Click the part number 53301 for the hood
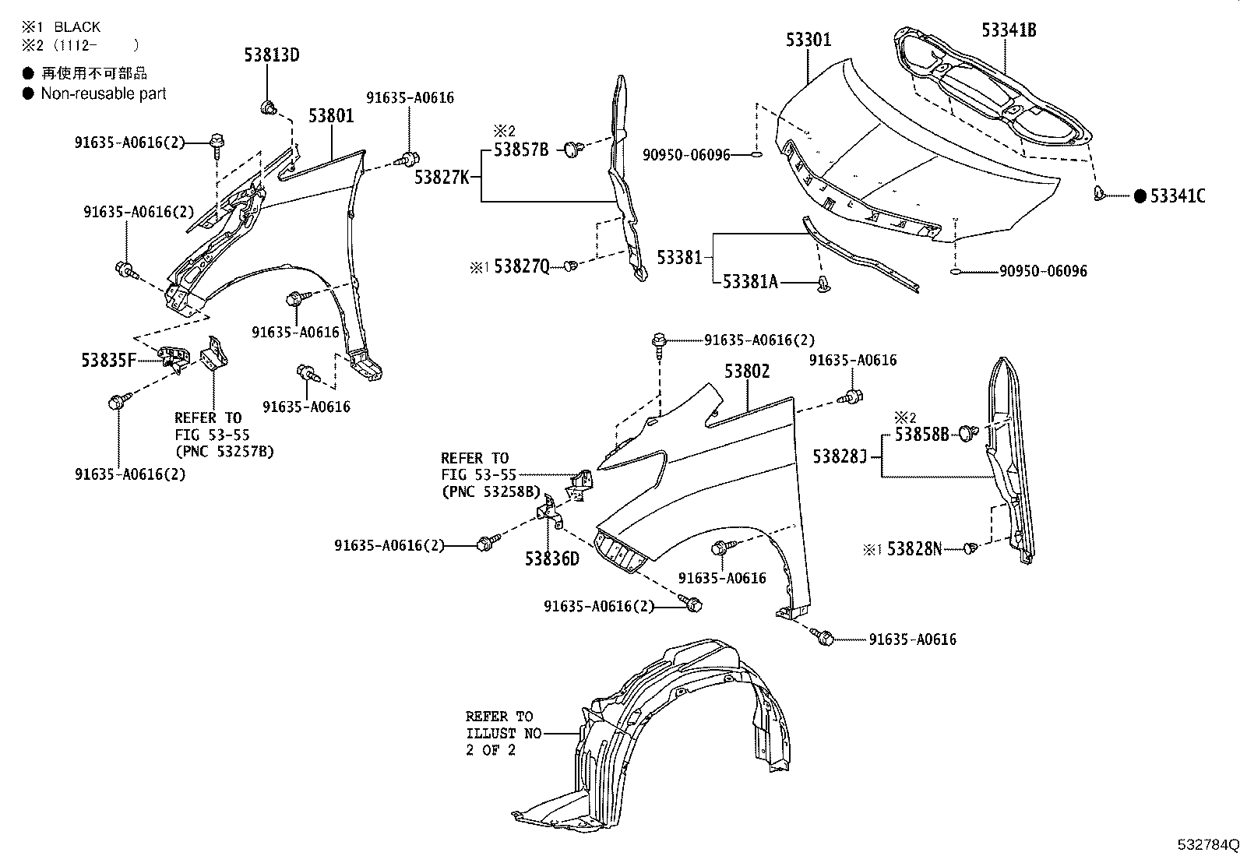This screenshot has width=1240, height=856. [808, 39]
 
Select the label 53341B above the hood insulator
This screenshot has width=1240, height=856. [1009, 30]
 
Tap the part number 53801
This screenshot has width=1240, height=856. [331, 116]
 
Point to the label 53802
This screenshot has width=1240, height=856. [747, 372]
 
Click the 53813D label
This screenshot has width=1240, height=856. [271, 55]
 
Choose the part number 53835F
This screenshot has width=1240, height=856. [109, 360]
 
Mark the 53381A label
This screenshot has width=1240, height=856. [750, 282]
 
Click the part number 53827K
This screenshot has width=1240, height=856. [442, 178]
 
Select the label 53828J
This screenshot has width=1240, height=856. [840, 456]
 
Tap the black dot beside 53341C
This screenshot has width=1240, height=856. [1140, 196]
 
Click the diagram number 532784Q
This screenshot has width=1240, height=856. [1207, 844]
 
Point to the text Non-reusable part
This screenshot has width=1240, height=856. [104, 93]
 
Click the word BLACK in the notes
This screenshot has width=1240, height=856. [77, 27]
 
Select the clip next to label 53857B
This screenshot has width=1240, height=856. [574, 148]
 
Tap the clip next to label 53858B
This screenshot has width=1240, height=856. [967, 432]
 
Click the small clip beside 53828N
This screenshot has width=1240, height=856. [970, 549]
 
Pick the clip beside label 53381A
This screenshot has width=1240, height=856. [825, 285]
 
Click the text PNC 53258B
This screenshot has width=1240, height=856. [490, 491]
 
